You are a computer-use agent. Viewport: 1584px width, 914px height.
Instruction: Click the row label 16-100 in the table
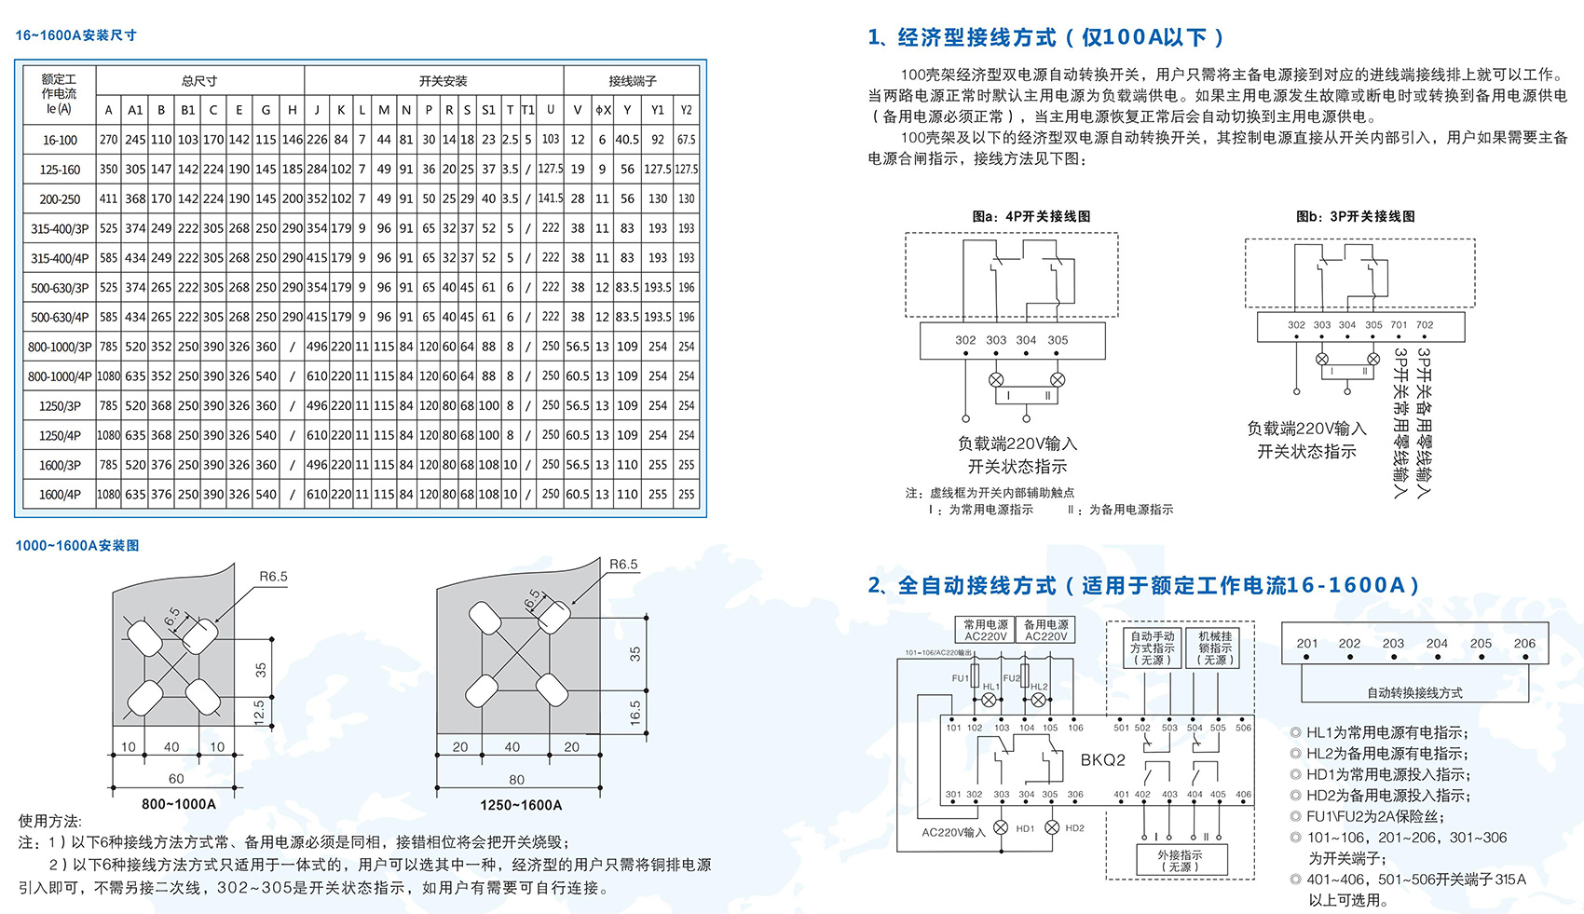60,140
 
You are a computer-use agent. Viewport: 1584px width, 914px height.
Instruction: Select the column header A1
135,110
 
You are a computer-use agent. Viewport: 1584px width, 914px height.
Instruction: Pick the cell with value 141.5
551,198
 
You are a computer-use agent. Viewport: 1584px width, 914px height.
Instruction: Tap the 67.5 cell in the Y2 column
686,140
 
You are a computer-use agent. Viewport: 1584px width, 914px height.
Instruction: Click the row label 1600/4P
60,495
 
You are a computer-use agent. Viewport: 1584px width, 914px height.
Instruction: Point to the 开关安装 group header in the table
443,81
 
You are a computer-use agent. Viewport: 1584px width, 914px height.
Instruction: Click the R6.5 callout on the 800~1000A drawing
273,577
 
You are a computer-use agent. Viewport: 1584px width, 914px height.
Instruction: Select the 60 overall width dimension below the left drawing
176,778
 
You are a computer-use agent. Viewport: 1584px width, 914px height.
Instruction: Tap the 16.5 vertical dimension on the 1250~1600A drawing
635,713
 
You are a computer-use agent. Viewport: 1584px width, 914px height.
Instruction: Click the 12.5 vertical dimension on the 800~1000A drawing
259,711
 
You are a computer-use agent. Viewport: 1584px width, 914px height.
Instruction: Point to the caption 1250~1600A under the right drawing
521,805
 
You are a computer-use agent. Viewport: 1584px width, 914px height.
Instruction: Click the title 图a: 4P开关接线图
1031,216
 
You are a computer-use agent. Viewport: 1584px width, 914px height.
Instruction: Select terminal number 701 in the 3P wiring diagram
1399,325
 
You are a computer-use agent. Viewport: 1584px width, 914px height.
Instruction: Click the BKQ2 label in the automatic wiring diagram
1103,760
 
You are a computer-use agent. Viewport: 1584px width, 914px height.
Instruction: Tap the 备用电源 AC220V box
1046,631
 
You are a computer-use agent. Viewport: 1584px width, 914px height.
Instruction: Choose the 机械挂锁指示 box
1215,648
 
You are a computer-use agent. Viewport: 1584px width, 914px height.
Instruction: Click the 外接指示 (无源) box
1180,860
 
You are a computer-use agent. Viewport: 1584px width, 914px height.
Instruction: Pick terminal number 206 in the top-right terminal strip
1524,644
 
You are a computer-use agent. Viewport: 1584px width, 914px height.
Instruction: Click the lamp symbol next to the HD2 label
1052,827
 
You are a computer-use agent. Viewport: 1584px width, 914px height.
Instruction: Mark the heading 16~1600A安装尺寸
76,35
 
